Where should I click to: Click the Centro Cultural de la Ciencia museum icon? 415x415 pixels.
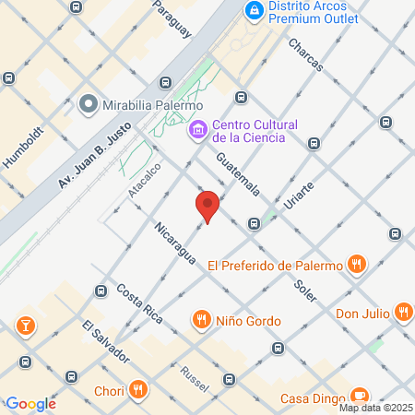(196, 131)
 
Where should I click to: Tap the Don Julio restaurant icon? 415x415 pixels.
(403, 312)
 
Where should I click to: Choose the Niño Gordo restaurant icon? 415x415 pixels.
(201, 320)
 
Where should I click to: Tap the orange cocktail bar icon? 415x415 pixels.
(24, 325)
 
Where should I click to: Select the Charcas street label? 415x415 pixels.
(305, 55)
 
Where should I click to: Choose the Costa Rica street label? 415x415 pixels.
(139, 303)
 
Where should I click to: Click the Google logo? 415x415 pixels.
(30, 404)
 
